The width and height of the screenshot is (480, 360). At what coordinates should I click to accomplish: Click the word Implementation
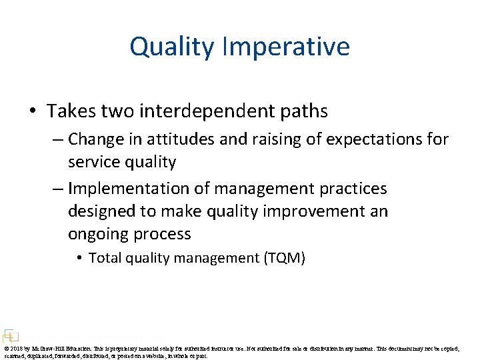[139, 189]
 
